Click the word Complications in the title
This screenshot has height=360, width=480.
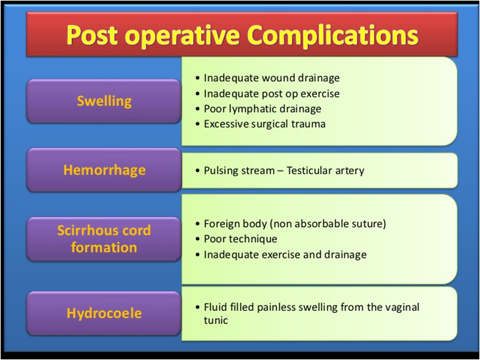click(x=333, y=35)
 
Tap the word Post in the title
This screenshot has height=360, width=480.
click(x=92, y=35)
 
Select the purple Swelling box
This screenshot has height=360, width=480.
click(x=104, y=101)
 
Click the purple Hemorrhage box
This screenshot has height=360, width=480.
click(x=104, y=170)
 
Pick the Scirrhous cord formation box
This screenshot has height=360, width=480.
click(x=104, y=239)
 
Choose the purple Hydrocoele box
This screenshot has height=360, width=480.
click(x=104, y=314)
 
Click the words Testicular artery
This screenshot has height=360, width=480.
click(x=325, y=170)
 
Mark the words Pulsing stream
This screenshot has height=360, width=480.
click(x=240, y=170)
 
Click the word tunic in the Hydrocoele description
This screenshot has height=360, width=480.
click(x=216, y=320)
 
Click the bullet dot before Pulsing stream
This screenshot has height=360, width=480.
click(x=198, y=171)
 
